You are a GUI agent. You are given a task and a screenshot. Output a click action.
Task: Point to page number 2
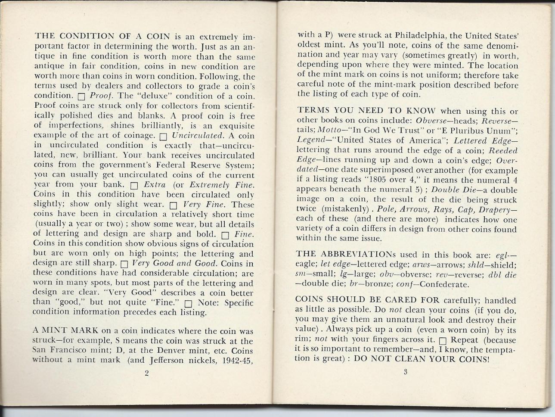coord(146,373)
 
